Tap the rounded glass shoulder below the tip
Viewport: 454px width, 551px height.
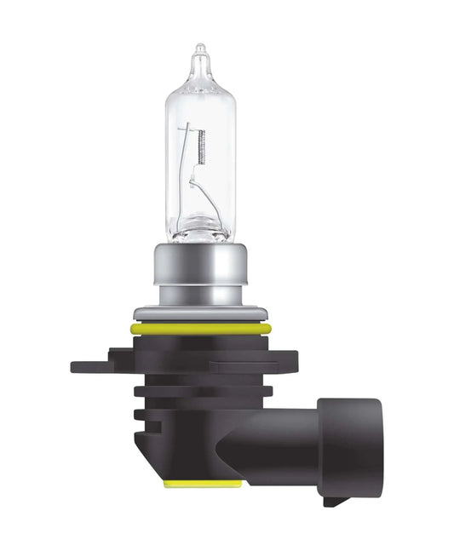(x=199, y=81)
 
